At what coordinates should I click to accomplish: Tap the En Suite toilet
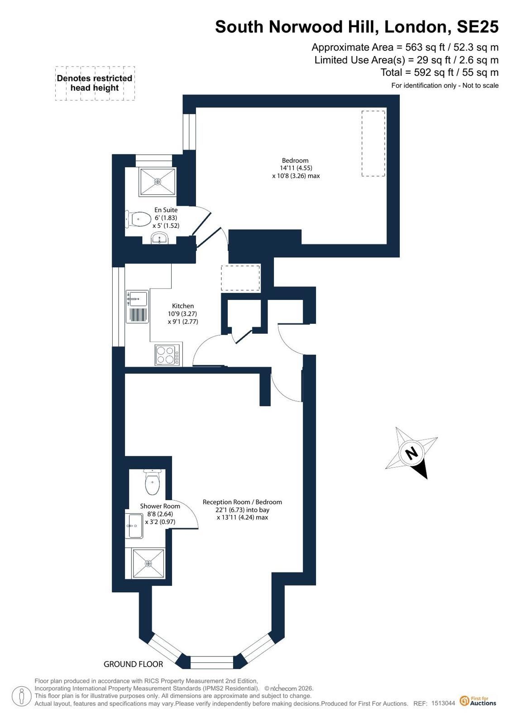(x=138, y=219)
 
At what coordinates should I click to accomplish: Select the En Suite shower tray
(x=158, y=182)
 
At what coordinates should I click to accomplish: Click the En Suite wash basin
(x=159, y=238)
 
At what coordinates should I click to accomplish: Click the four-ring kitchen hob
(x=167, y=355)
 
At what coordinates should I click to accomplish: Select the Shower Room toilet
(x=152, y=482)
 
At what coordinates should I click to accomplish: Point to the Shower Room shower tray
(x=148, y=563)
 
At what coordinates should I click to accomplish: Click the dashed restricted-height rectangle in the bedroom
(x=373, y=143)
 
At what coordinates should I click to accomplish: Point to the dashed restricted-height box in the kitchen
(x=240, y=278)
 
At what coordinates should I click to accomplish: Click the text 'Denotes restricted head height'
(x=95, y=83)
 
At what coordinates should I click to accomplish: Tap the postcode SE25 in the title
(x=478, y=27)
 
